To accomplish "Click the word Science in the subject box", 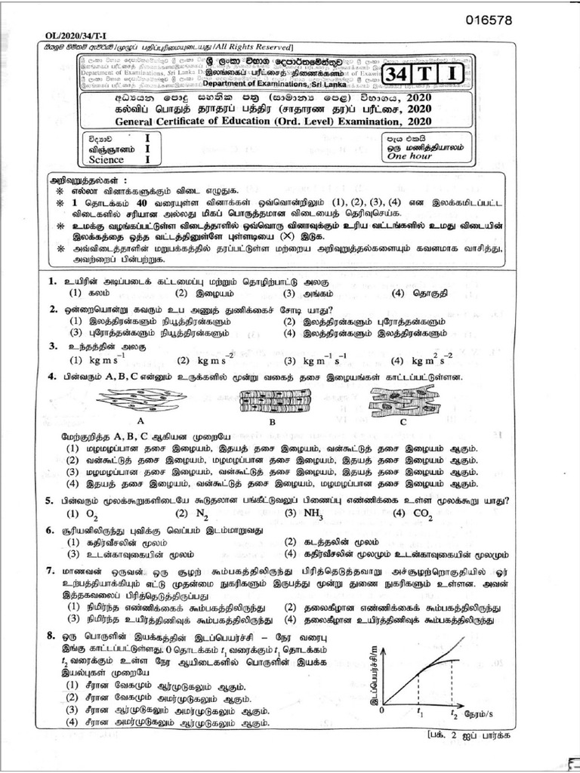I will point(106,160).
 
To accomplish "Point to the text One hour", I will point(406,158).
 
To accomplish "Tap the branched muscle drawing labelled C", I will point(404,400).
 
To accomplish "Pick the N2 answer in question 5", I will point(200,513).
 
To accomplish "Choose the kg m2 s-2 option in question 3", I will point(435,361).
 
